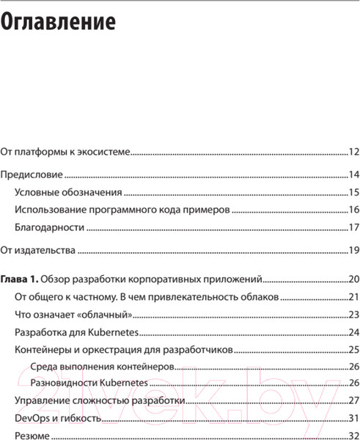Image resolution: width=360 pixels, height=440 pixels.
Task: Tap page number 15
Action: pos(353,193)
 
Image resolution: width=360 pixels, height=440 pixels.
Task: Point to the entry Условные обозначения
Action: pos(67,193)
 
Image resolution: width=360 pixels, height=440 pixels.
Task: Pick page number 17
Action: pos(353,227)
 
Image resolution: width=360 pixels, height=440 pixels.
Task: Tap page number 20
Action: pos(353,279)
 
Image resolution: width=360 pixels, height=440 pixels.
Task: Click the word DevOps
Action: pos(34,419)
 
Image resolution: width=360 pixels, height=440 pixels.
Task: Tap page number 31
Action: pos(353,419)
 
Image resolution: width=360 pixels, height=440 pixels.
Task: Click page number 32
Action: pos(353,435)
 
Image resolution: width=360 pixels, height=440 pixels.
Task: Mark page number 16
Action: pos(353,210)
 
